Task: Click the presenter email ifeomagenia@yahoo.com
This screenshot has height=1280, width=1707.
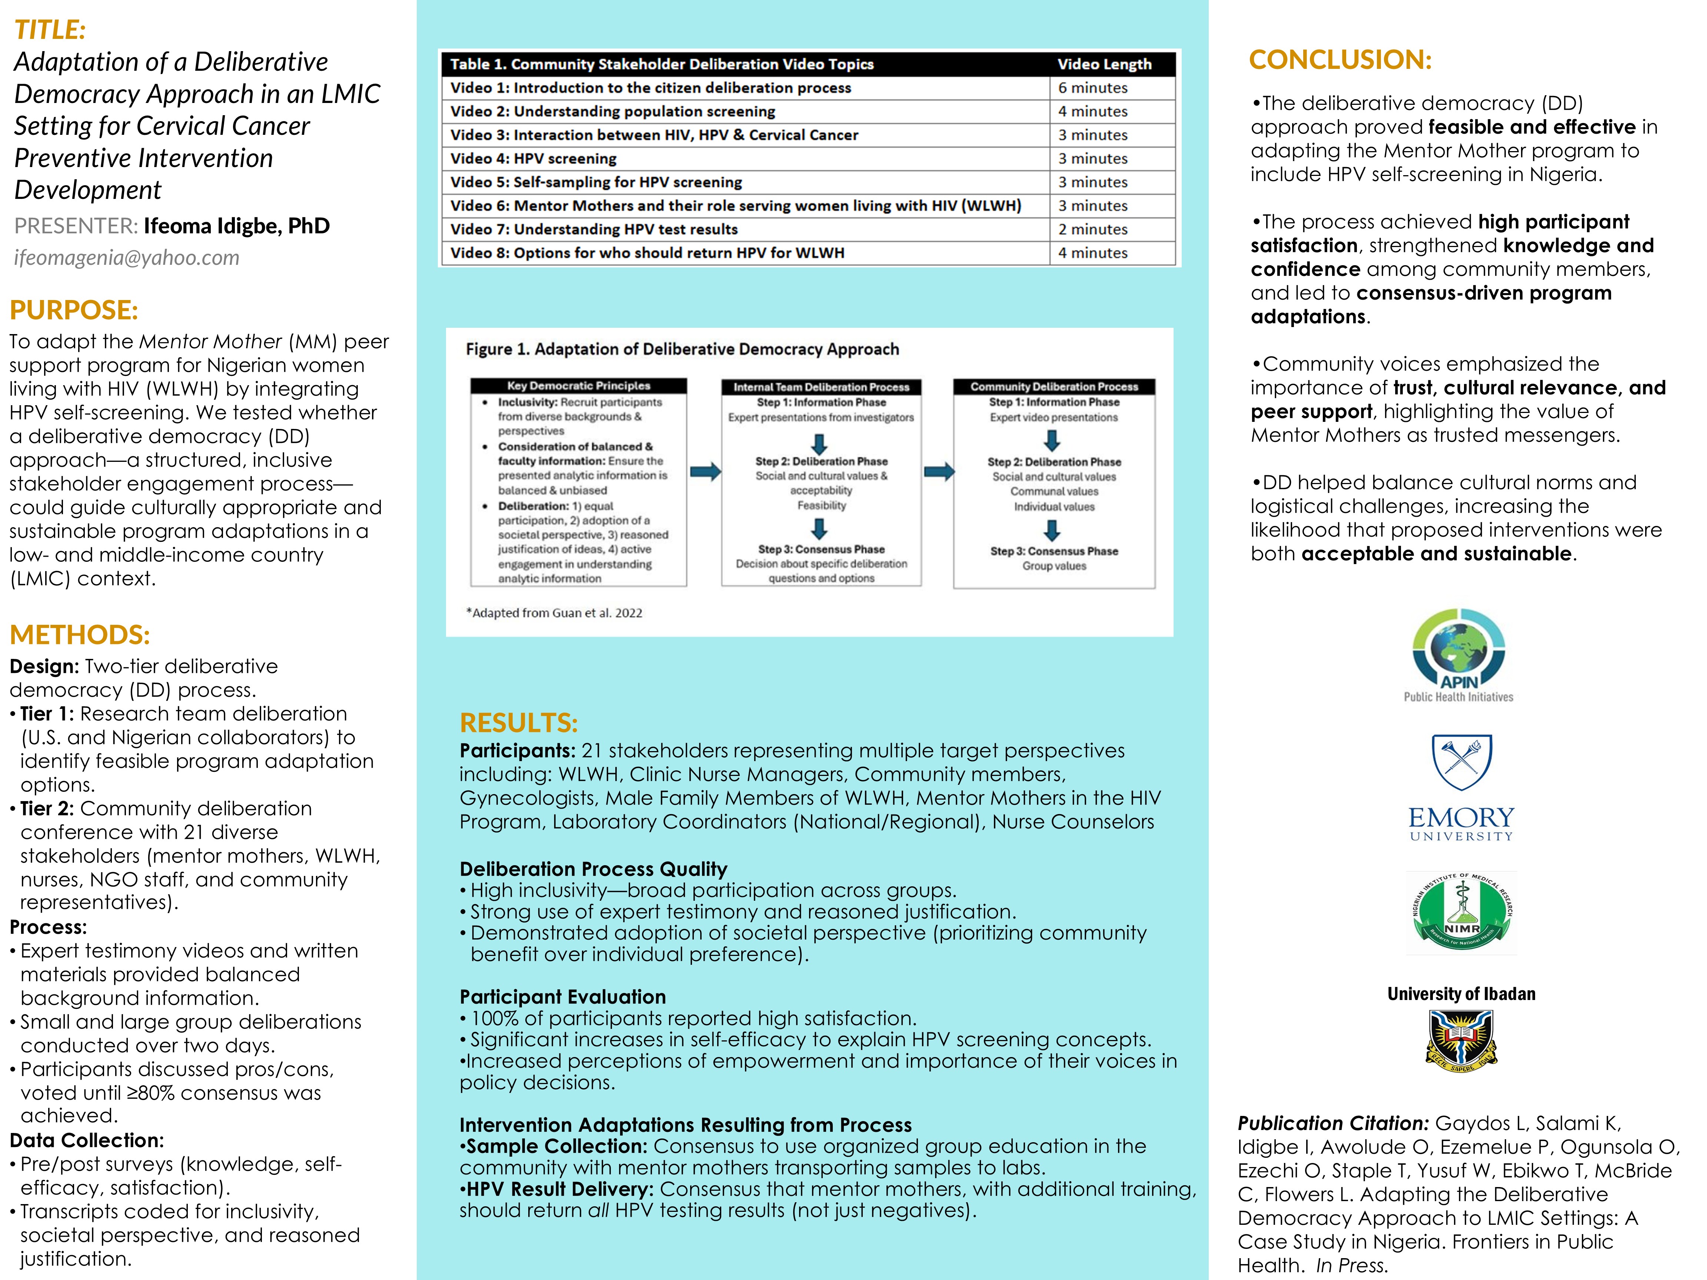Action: (x=127, y=258)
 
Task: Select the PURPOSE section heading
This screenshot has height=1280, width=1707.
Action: (x=74, y=310)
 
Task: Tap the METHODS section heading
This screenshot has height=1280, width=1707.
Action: (x=80, y=635)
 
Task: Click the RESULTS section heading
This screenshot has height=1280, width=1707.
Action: (x=519, y=723)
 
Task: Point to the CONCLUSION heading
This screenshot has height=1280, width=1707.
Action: (x=1340, y=59)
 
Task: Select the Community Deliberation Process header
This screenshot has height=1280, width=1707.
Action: (x=1054, y=387)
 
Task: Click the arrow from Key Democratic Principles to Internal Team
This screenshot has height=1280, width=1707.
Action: (x=705, y=471)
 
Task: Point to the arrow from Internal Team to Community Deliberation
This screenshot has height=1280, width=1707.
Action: (x=938, y=471)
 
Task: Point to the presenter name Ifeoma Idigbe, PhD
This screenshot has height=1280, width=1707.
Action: (x=237, y=226)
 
